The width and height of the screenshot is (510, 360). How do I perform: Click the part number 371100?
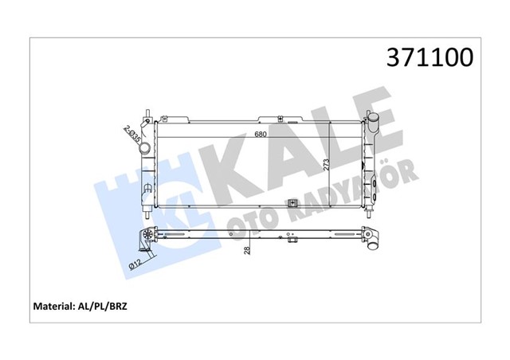(430, 57)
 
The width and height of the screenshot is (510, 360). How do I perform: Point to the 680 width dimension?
(261, 133)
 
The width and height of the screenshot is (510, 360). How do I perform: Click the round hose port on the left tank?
(144, 127)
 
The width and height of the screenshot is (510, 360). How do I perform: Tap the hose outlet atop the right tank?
(375, 121)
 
